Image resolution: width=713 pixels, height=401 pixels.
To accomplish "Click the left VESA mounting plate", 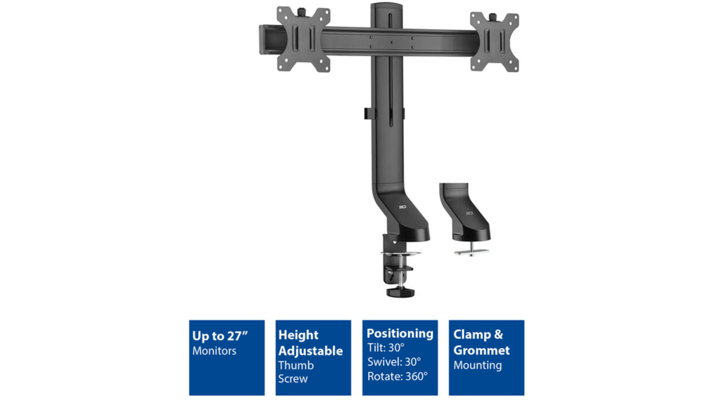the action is (304, 40).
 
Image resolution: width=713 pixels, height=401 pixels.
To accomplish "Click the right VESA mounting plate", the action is (495, 42).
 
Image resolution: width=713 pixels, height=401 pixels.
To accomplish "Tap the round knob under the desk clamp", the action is (401, 292).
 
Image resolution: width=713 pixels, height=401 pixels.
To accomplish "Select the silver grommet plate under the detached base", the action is (471, 252).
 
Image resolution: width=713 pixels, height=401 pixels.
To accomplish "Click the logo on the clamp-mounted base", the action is (403, 207).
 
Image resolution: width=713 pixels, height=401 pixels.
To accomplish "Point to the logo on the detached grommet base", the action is (470, 213).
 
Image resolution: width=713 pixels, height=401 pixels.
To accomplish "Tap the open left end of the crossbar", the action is (262, 40).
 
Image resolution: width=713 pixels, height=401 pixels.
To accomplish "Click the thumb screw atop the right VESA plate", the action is (493, 17).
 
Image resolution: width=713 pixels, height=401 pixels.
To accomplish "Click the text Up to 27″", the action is (220, 336).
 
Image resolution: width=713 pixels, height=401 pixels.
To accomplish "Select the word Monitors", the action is (214, 351).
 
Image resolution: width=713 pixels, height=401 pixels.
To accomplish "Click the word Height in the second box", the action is (298, 335).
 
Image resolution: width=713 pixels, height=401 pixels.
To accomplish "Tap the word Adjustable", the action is (310, 351).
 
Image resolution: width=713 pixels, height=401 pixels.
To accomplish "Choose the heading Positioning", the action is (400, 334).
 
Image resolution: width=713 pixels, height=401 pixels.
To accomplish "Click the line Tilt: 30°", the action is (386, 348).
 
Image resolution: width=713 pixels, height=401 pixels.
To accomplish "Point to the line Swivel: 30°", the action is (394, 362).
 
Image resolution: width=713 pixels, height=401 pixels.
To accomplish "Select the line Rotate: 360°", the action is (397, 376).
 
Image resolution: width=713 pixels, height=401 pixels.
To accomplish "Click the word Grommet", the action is (481, 350).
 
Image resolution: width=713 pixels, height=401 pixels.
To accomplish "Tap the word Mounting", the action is (477, 365).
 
